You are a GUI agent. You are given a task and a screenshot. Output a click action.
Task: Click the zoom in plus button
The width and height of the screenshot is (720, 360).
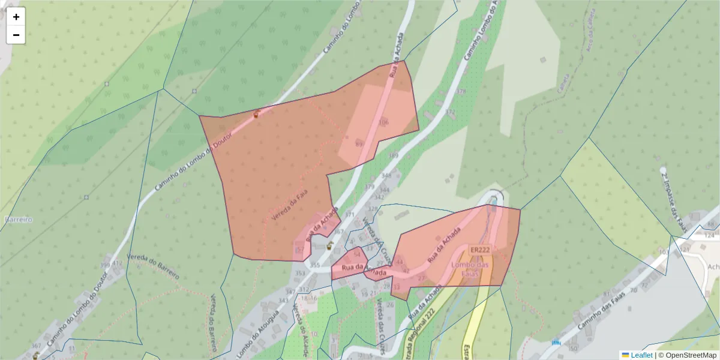point(16,17)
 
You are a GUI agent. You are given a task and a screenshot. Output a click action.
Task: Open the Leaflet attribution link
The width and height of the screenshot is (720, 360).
point(641,355)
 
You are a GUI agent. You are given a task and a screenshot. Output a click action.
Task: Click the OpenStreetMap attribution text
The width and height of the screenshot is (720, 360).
point(687,355)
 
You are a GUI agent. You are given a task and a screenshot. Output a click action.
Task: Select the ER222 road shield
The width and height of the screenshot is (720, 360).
point(481,250)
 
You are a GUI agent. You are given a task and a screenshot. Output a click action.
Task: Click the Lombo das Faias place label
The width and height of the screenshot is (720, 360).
point(471,269)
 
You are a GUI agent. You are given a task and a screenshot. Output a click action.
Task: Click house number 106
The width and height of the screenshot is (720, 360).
point(383,122)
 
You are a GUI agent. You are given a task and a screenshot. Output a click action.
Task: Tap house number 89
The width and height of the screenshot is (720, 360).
point(359,144)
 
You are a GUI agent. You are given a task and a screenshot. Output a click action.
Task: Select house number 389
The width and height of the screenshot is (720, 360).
point(394,156)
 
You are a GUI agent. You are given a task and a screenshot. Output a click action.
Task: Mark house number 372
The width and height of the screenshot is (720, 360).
point(451,112)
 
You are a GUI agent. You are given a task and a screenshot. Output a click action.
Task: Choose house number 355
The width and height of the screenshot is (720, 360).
point(315,265)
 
